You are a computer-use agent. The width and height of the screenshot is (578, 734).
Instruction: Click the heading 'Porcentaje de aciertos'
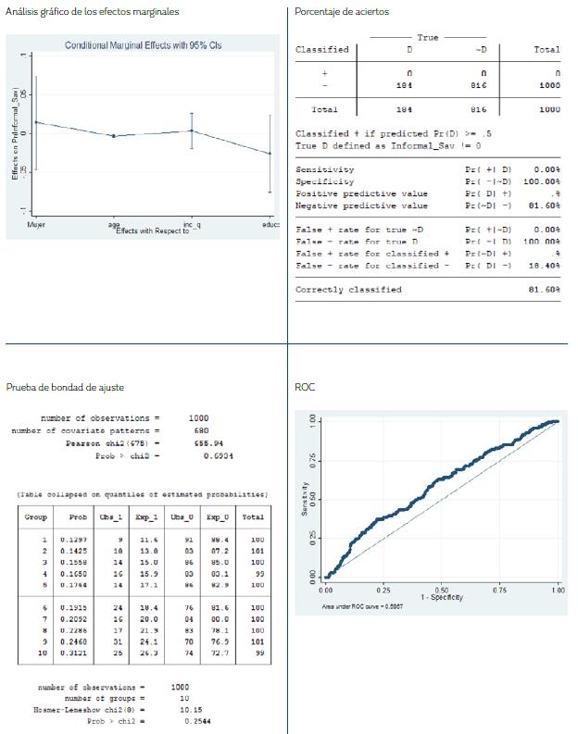(x=342, y=11)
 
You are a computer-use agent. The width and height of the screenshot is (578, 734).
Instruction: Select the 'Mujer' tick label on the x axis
(x=36, y=225)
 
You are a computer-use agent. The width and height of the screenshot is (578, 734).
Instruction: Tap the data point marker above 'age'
(x=113, y=136)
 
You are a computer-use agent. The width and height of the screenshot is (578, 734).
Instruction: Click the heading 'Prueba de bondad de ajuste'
(x=65, y=387)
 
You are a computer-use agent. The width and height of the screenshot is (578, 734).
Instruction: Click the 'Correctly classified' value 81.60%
(x=544, y=290)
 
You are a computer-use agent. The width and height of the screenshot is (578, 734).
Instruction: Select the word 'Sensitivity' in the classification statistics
(x=324, y=170)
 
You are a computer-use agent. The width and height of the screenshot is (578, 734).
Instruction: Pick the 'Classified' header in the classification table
(x=321, y=49)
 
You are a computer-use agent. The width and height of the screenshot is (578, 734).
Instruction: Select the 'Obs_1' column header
(x=114, y=516)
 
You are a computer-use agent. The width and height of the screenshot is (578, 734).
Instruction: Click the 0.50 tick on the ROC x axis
(x=441, y=590)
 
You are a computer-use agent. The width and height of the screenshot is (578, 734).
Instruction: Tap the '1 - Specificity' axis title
(x=441, y=598)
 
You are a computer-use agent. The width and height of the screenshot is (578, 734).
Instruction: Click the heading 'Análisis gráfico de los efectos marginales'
(x=92, y=11)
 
